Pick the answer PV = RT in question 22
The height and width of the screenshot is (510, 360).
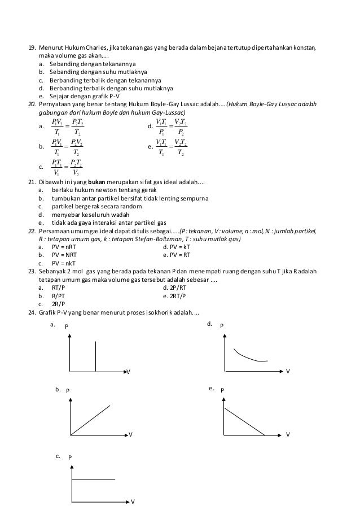coord(178,255)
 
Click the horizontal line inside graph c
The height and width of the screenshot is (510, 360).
coord(93,480)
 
